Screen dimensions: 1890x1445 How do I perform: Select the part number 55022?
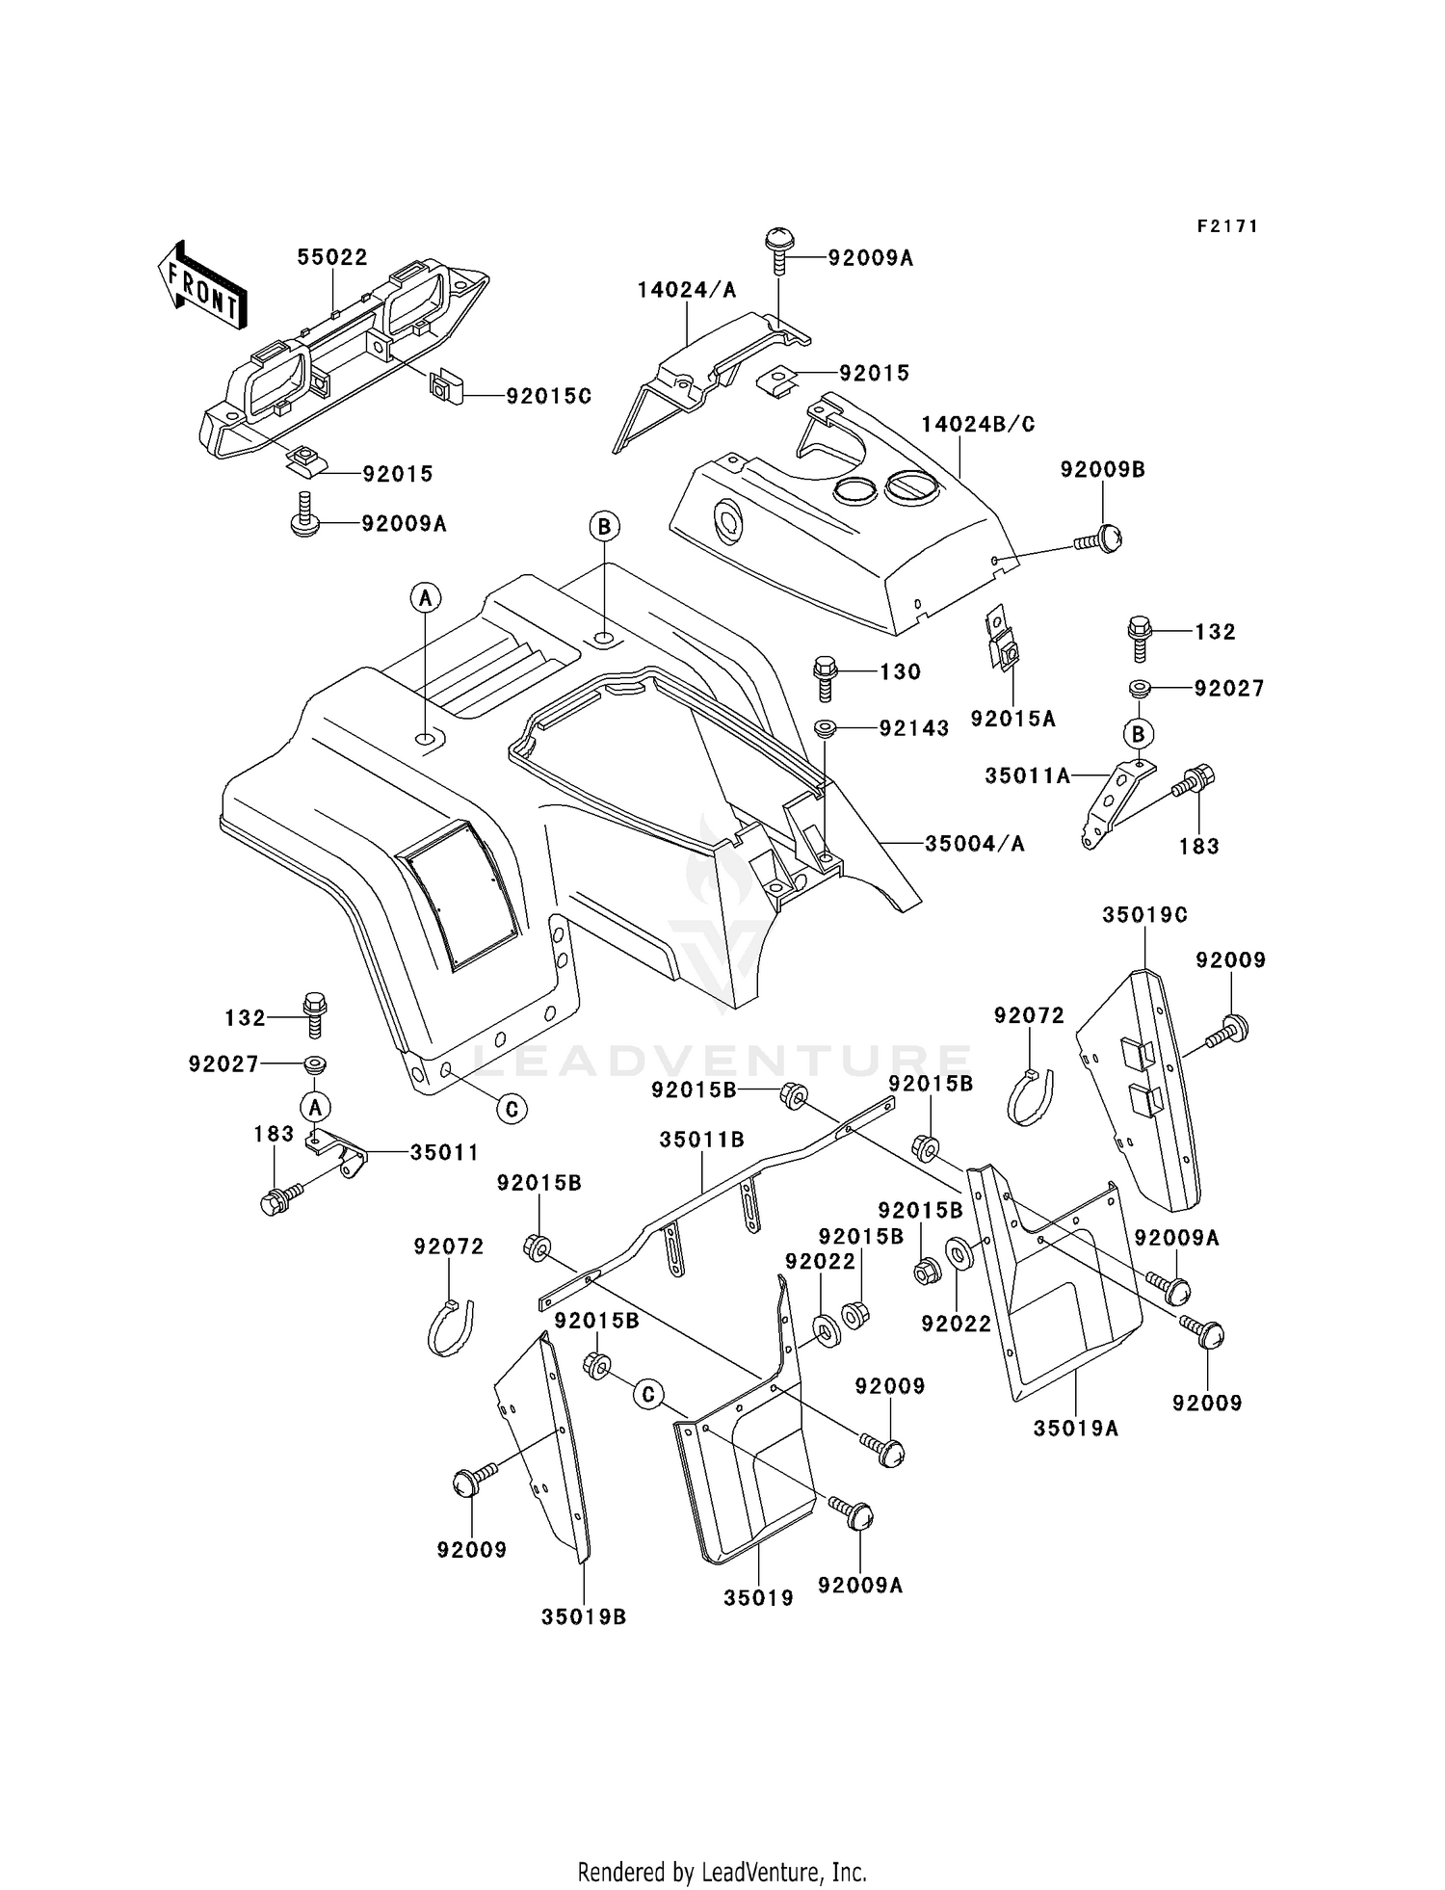click(x=332, y=257)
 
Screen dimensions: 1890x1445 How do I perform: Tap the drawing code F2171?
click(x=1227, y=226)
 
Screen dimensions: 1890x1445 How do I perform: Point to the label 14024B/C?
click(x=978, y=424)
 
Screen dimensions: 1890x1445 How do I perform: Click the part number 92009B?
click(x=1103, y=469)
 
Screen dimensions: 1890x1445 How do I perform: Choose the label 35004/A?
click(x=974, y=844)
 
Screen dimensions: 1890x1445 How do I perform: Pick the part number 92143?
click(x=913, y=728)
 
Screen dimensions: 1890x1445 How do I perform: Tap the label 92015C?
click(x=548, y=396)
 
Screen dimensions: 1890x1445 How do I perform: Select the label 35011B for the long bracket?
click(x=701, y=1140)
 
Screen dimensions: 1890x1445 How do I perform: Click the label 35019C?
click(x=1144, y=914)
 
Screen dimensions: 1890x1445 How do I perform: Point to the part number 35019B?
click(x=583, y=1616)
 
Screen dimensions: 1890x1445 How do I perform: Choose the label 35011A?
click(x=1027, y=774)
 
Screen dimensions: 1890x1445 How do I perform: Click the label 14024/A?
click(x=686, y=290)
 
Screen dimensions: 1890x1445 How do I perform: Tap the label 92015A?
click(x=1012, y=719)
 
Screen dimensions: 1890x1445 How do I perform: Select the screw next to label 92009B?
click(x=1100, y=538)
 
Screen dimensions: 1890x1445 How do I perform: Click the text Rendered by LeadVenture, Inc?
click(x=722, y=1872)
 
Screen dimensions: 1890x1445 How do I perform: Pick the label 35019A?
click(x=1076, y=1428)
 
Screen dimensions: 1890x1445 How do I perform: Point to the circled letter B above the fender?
click(x=604, y=526)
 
